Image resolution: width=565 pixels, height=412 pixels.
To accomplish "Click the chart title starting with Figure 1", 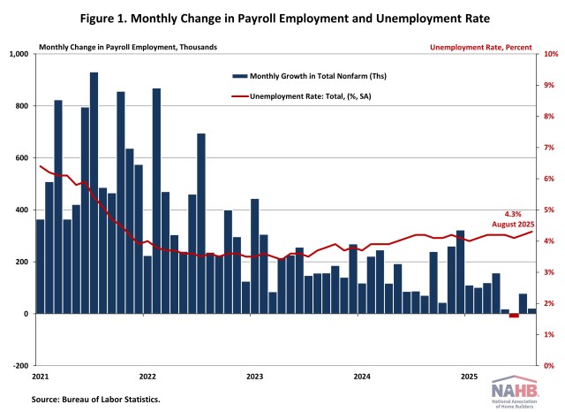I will [x=282, y=19].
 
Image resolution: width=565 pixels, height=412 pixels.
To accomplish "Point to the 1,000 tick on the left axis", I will [x=19, y=54].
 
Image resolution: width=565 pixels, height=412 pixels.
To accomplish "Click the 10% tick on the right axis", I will [x=549, y=54].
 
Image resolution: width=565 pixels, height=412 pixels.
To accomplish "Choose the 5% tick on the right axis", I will [x=547, y=210].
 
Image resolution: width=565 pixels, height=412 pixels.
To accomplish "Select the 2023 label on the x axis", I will [x=254, y=377].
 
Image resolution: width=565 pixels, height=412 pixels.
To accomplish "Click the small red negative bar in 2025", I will [x=514, y=316].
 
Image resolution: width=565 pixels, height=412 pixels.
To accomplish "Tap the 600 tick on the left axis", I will [x=21, y=157].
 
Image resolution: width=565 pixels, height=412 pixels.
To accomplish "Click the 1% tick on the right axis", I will [x=547, y=334].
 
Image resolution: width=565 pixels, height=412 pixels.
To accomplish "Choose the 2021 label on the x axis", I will [x=41, y=377].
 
